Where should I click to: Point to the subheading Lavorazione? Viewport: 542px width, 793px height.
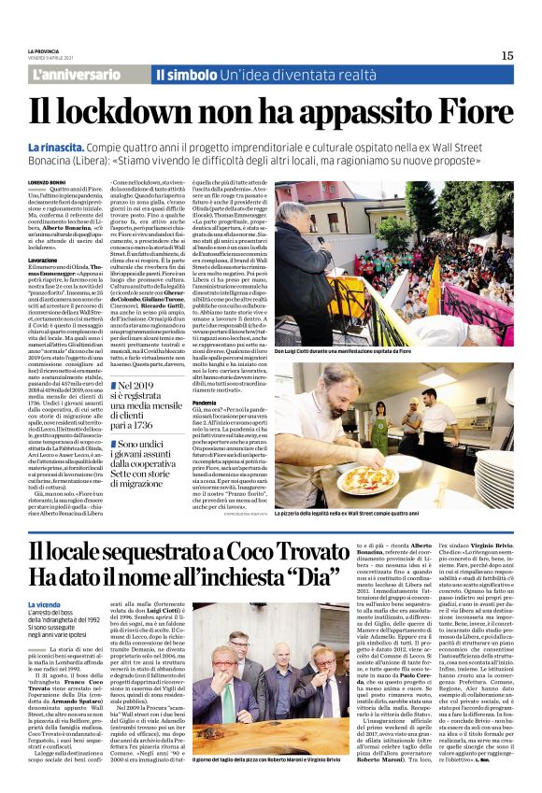tap(46, 259)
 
